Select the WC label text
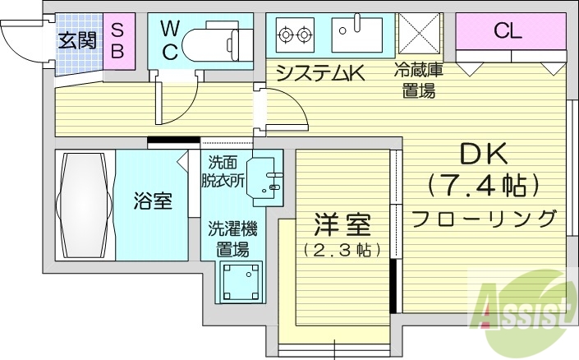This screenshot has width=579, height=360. [169, 39]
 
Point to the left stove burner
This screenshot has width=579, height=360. [287, 35]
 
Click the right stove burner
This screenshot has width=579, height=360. [305, 35]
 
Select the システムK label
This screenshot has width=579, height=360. [319, 74]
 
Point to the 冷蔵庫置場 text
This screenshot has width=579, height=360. [419, 81]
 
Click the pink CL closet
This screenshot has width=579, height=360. [507, 33]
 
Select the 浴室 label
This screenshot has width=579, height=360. [154, 201]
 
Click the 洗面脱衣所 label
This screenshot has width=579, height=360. [225, 172]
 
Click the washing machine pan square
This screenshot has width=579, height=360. [241, 280]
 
